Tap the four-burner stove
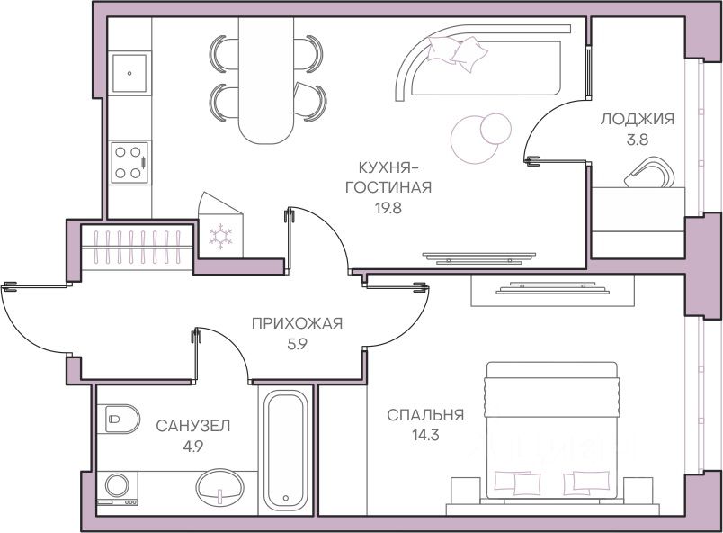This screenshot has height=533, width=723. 129,163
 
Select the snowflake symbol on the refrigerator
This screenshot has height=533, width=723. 220,237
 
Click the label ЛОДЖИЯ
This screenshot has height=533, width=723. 637,118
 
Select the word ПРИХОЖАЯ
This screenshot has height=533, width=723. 297,324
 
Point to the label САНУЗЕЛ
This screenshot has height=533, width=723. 192,425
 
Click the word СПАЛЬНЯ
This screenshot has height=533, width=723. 425,415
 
